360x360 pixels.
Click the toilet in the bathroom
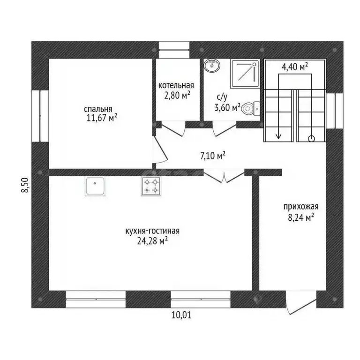pyautogui.click(x=251, y=109)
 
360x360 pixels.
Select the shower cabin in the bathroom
pyautogui.click(x=245, y=74)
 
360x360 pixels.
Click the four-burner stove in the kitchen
pyautogui.click(x=151, y=186)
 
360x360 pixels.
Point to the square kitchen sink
pyautogui.click(x=95, y=186)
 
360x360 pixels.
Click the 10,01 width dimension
pyautogui.click(x=181, y=315)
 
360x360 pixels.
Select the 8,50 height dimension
pyautogui.click(x=25, y=185)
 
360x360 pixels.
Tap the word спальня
pyautogui.click(x=98, y=109)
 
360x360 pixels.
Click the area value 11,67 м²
pyautogui.click(x=102, y=118)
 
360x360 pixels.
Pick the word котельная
pyautogui.click(x=176, y=85)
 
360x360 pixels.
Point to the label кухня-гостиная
pyautogui.click(x=152, y=231)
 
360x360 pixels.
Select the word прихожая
pyautogui.click(x=301, y=207)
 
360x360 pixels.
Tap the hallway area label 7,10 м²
pyautogui.click(x=213, y=156)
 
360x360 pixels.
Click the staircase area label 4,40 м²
pyautogui.click(x=295, y=67)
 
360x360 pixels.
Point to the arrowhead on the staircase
pyautogui.click(x=278, y=136)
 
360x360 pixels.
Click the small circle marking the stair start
pyautogui.click(x=311, y=138)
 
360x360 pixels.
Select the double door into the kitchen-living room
pyautogui.click(x=224, y=176)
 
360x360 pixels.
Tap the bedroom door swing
pyautogui.click(x=160, y=150)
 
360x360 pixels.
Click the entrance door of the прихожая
pyautogui.click(x=301, y=302)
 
